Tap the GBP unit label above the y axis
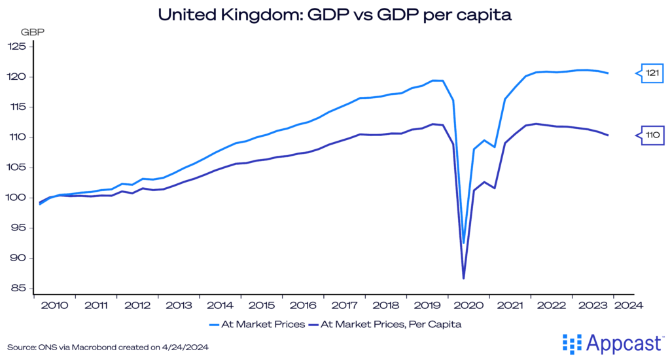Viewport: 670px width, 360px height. (31, 31)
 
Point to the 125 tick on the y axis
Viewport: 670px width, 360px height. (16, 46)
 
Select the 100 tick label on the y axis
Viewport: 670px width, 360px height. (16, 198)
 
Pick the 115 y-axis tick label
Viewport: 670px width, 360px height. (16, 107)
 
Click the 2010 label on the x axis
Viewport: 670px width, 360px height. (55, 305)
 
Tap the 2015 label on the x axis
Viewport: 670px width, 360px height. (261, 305)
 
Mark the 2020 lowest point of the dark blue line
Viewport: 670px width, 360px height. (463, 279)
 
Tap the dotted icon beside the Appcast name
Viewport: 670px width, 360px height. (571, 342)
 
